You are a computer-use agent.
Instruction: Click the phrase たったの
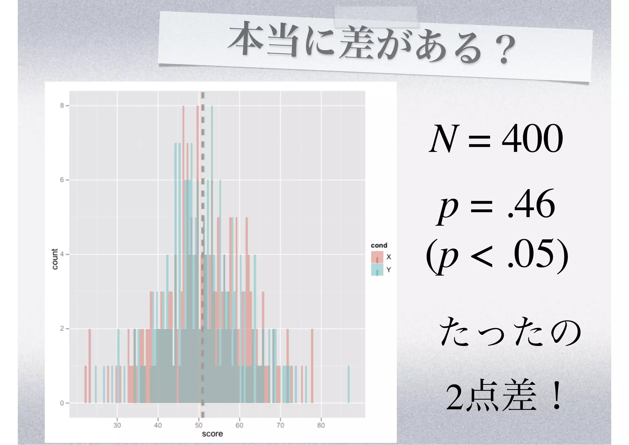point(510,333)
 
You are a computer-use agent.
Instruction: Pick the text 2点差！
point(504,398)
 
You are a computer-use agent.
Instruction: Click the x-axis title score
point(212,434)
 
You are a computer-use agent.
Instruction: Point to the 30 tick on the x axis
point(117,425)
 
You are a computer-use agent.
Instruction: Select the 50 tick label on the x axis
point(199,425)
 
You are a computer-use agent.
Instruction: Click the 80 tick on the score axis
point(321,425)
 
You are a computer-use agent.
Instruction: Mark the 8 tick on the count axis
point(62,106)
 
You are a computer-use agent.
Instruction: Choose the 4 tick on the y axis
point(62,254)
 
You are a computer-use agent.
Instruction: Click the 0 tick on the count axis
point(62,403)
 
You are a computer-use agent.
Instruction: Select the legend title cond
point(379,245)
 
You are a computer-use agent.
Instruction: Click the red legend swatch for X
point(377,257)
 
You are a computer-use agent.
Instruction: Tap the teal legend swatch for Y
point(377,270)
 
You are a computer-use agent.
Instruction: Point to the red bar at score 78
point(312,366)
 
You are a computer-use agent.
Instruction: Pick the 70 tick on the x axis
point(280,425)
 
